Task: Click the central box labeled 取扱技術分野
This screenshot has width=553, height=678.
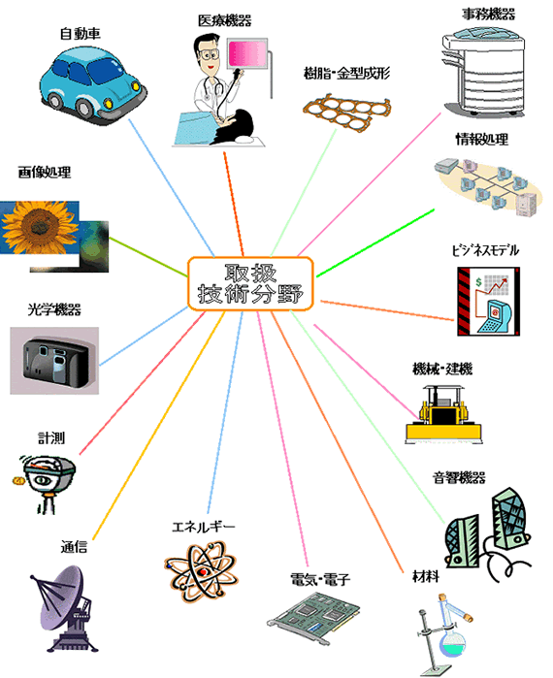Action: coord(250,283)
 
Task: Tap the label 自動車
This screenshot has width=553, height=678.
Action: coord(80,34)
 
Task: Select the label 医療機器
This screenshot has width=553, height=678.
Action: coord(224,20)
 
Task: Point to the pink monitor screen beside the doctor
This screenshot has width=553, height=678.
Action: coord(246,53)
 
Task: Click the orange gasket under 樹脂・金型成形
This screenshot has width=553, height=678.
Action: coord(346,112)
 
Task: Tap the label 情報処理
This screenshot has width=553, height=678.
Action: coord(481,140)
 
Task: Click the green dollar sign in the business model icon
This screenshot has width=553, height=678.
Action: coord(478,282)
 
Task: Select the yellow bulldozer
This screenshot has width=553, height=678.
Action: coord(443,415)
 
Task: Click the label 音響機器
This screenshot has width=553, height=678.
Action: coord(459,477)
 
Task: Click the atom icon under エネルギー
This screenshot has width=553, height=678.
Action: coord(201,571)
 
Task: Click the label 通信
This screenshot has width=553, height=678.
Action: coord(74,547)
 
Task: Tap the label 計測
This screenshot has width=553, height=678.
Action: coord(51,438)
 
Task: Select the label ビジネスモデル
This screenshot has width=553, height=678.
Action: coord(485,250)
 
